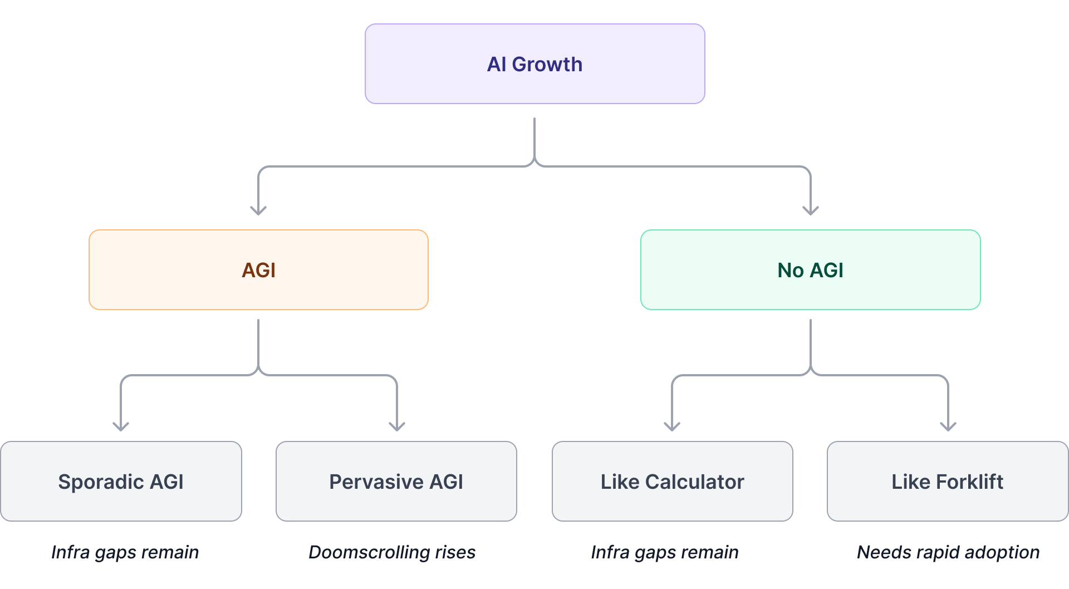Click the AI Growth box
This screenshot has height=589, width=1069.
534,63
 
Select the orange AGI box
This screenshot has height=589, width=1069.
258,270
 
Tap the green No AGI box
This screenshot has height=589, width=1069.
810,270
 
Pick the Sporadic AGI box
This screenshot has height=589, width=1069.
121,482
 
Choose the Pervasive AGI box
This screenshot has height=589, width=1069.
396,482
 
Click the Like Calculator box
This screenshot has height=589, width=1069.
672,482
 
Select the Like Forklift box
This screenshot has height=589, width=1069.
947,482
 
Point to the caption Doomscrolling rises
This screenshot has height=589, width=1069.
392,552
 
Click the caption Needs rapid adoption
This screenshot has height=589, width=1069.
948,552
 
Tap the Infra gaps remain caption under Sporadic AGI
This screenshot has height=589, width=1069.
125,552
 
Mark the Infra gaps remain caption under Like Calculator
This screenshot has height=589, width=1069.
664,552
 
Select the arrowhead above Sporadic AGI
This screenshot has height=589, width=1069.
121,426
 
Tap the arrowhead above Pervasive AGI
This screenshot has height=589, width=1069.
397,426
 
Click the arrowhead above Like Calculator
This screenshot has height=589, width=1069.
672,426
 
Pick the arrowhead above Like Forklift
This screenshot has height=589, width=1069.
948,426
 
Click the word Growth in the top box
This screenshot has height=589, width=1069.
547,64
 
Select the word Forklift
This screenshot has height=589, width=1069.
970,482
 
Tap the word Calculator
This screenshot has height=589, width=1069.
694,482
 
